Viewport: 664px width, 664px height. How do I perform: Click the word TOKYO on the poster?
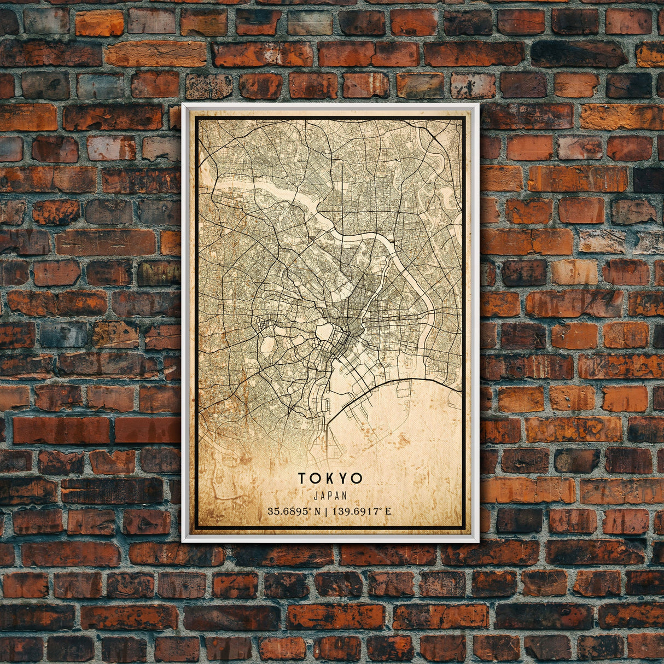point(330,479)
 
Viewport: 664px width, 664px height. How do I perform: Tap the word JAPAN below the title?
point(330,496)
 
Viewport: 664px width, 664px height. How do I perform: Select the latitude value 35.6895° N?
point(294,512)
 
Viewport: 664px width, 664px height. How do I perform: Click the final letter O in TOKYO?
point(357,479)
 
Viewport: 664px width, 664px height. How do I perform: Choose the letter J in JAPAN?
point(316,496)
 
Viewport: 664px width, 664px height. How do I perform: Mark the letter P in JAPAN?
point(330,496)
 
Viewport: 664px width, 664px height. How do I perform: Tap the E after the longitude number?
point(388,512)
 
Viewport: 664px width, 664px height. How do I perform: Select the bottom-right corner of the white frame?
point(478,541)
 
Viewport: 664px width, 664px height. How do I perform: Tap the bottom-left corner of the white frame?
point(183,541)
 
